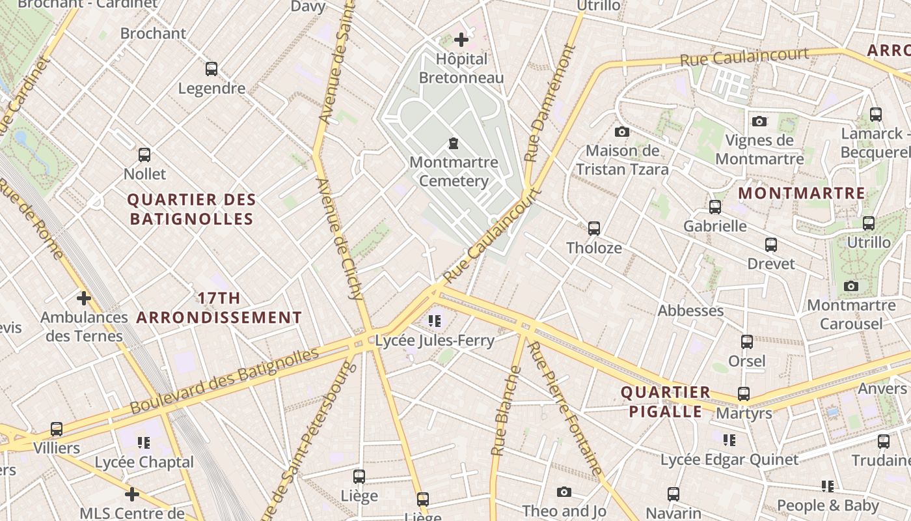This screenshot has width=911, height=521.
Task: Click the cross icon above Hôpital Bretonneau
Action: (x=461, y=40)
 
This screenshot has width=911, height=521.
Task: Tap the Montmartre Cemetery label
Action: (x=454, y=171)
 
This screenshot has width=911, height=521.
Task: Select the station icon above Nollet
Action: (x=144, y=155)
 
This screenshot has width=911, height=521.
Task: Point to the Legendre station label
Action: (x=211, y=88)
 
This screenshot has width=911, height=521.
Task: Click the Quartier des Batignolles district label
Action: (x=192, y=209)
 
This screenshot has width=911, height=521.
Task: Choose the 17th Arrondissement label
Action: (x=219, y=308)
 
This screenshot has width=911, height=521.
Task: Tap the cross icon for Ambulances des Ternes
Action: (x=83, y=298)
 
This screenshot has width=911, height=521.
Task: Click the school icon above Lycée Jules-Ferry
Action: (x=435, y=320)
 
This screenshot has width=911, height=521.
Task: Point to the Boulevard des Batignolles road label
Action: (x=224, y=381)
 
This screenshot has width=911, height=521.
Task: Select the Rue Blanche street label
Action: (x=506, y=410)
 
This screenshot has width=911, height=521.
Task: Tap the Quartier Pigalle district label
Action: (x=664, y=402)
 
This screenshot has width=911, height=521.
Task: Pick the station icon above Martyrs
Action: (x=744, y=394)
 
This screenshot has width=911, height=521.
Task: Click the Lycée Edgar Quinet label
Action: (x=729, y=460)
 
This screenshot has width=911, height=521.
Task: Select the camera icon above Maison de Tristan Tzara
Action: (x=621, y=132)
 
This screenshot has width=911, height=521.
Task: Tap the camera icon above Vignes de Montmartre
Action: (x=759, y=122)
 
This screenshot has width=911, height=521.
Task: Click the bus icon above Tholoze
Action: (x=593, y=229)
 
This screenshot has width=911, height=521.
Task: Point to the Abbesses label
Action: (x=690, y=311)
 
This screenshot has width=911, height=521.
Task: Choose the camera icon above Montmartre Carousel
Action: (x=850, y=287)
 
